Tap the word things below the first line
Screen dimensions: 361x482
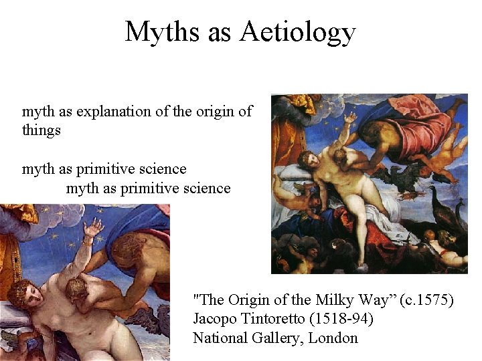click(41, 130)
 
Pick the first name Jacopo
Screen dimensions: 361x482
click(214, 319)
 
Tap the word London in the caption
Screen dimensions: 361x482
click(333, 338)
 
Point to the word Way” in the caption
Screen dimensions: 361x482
click(376, 300)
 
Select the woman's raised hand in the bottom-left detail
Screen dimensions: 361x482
click(94, 229)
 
